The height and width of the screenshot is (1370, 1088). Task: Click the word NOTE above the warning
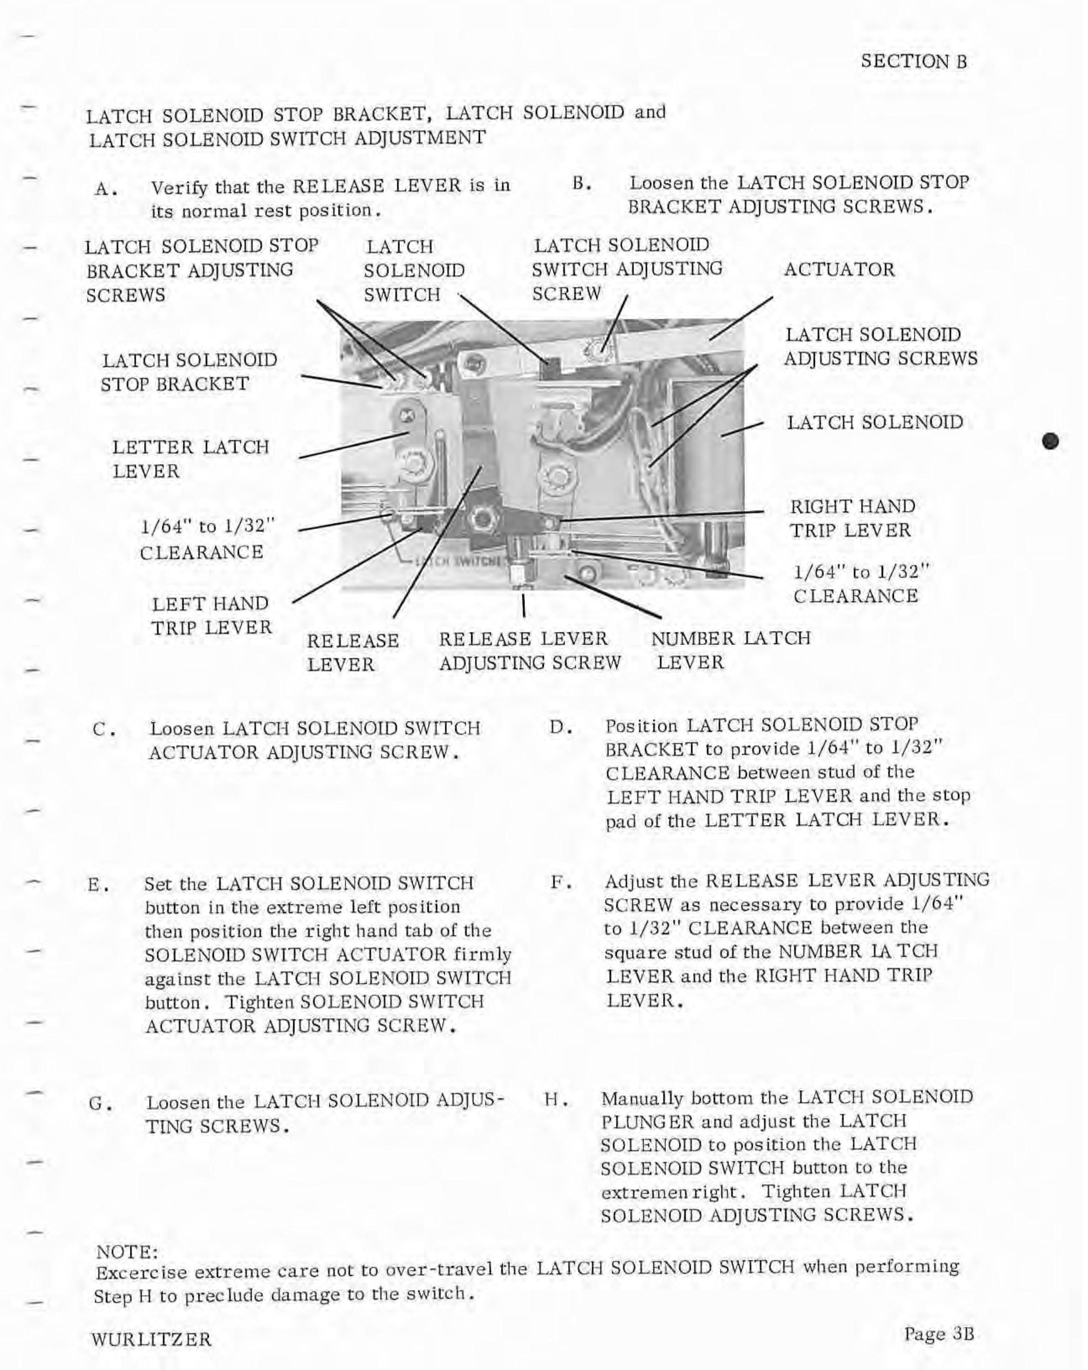[126, 1252]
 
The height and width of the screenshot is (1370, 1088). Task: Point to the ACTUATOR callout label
[840, 269]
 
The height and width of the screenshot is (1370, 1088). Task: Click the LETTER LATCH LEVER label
[190, 459]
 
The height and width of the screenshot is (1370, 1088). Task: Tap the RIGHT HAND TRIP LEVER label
[852, 518]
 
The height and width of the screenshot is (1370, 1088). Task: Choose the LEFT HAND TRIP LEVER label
[211, 615]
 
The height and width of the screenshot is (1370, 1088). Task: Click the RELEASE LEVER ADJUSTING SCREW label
[529, 651]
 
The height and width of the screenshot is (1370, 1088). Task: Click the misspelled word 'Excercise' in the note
[141, 1273]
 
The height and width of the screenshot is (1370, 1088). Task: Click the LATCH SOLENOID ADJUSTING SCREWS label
[880, 347]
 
